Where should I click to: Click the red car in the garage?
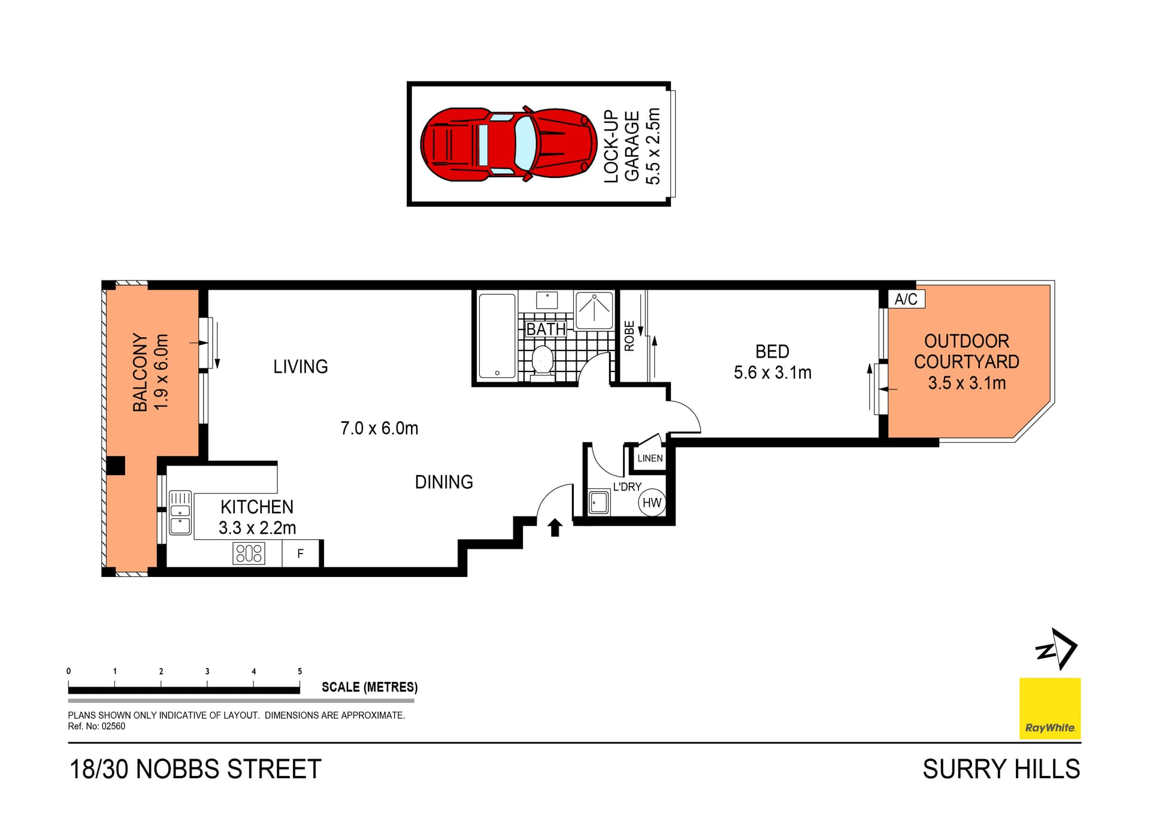click(x=509, y=144)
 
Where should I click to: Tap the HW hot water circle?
click(x=652, y=503)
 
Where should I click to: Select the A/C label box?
click(x=906, y=299)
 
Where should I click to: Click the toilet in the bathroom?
click(x=543, y=362)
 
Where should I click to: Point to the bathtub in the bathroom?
click(x=497, y=336)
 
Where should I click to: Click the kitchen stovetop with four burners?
click(x=249, y=553)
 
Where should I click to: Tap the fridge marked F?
click(x=301, y=554)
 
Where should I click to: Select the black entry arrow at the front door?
click(x=555, y=527)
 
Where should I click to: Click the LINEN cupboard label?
click(x=650, y=458)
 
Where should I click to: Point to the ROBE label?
click(x=629, y=336)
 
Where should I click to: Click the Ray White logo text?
click(x=1050, y=728)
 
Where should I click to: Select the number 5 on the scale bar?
click(x=300, y=672)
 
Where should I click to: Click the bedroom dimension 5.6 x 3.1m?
click(x=773, y=373)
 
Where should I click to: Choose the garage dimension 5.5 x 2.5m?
click(x=653, y=146)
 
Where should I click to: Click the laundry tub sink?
click(x=599, y=503)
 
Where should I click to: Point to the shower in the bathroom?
click(x=594, y=310)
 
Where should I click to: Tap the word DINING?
click(x=444, y=482)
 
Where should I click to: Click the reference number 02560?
click(x=113, y=726)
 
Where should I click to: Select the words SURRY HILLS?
click(x=1001, y=769)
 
